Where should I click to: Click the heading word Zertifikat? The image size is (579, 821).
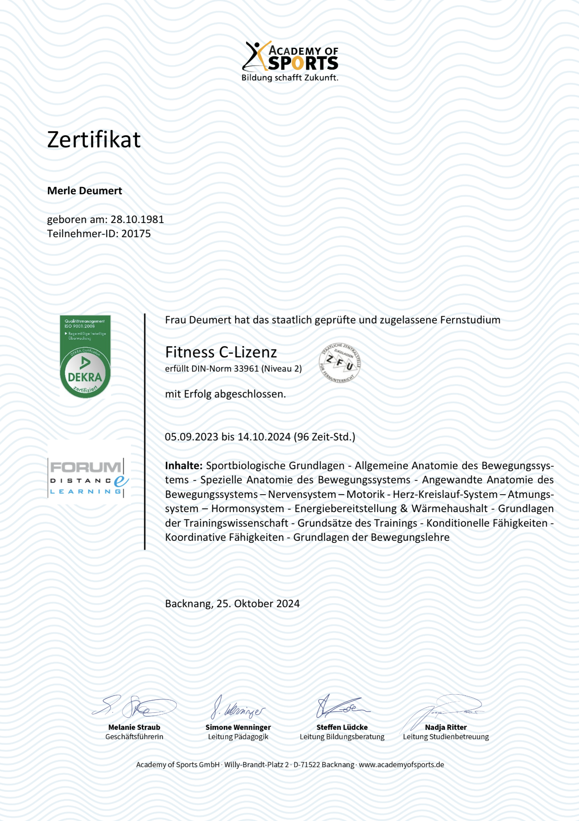click(94, 140)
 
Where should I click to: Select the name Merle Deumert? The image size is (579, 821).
click(85, 191)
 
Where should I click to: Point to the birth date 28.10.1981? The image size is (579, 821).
click(137, 219)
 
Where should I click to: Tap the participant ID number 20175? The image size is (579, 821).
click(136, 234)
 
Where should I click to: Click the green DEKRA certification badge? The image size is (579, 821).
click(85, 357)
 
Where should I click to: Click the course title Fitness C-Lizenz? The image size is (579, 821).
click(221, 352)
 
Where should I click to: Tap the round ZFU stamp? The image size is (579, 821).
click(340, 363)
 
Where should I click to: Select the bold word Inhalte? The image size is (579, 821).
click(184, 466)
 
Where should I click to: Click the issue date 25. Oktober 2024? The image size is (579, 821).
click(258, 604)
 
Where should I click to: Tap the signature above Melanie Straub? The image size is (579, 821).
click(134, 707)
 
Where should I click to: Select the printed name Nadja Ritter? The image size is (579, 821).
click(446, 727)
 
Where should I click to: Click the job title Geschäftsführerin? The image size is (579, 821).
click(134, 737)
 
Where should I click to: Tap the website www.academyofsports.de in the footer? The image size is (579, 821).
click(401, 765)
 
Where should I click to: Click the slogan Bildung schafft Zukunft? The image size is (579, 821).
click(290, 78)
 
